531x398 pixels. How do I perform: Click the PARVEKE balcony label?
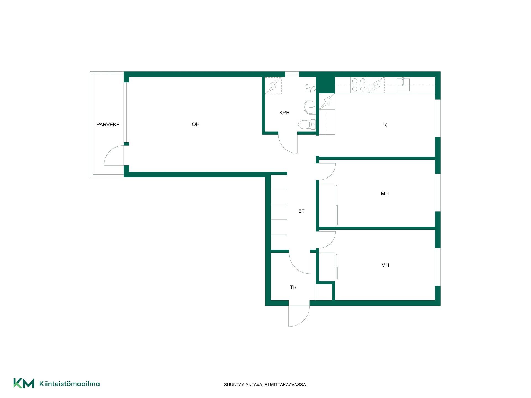click(108, 125)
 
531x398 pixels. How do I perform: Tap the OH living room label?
click(196, 124)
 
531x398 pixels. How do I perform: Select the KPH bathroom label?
click(284, 113)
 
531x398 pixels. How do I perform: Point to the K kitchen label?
click(385, 125)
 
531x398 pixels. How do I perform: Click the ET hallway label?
click(301, 211)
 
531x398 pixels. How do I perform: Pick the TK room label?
click(293, 287)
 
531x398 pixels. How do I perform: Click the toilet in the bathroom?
click(307, 124)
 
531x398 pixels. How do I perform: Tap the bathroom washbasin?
click(310, 107)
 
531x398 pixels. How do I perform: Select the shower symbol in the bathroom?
click(310, 88)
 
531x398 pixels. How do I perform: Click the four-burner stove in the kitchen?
click(359, 85)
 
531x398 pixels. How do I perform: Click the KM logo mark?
click(24, 383)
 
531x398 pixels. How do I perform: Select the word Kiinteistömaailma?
click(69, 384)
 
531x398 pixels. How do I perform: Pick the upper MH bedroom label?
click(385, 193)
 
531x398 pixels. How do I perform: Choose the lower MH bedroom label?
click(385, 265)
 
